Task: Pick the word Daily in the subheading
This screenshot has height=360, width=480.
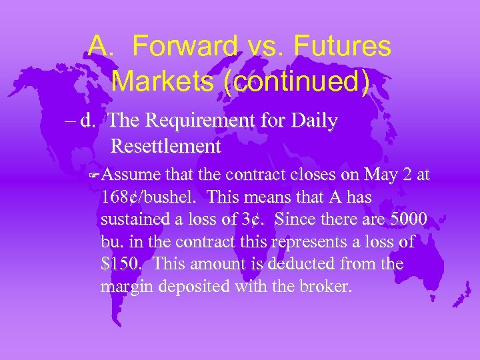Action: tap(315, 121)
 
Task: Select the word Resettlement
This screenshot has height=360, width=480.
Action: tap(165, 145)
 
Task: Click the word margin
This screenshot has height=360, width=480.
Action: tap(124, 287)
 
